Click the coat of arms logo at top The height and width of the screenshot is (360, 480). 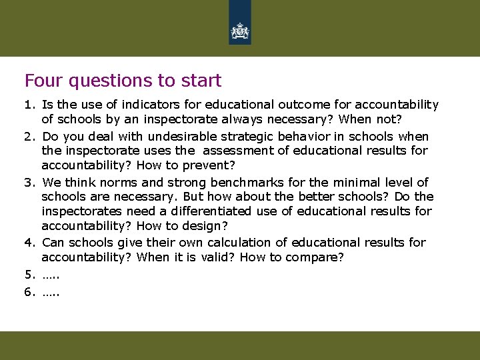coord(239,31)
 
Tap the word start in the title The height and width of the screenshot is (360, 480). coord(201,81)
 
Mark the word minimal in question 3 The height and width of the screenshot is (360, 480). coord(360,182)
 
